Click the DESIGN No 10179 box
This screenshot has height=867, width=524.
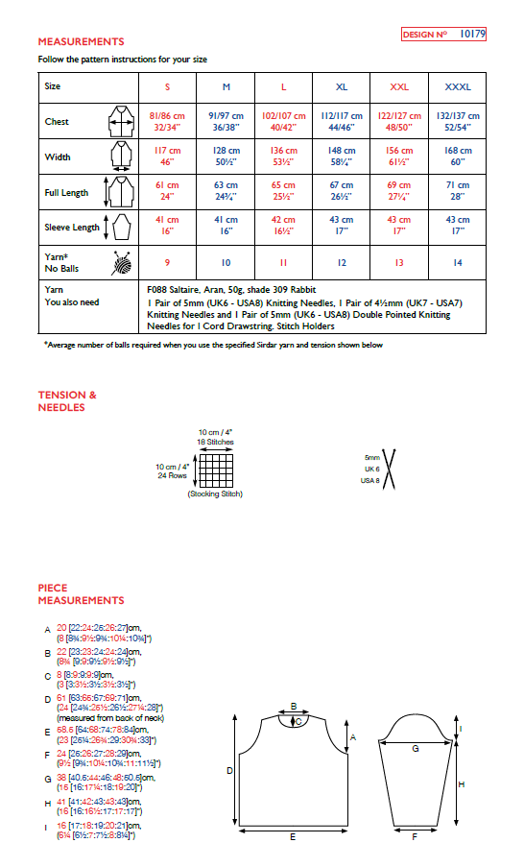click(444, 34)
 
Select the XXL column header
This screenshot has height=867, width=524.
click(399, 86)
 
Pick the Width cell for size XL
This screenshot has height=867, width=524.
click(342, 157)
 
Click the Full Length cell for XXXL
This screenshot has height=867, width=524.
click(458, 191)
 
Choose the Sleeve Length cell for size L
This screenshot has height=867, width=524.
click(283, 226)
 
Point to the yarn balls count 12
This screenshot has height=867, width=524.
click(342, 262)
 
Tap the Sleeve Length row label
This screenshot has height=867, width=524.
click(72, 228)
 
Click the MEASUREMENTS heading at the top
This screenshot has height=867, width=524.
click(81, 42)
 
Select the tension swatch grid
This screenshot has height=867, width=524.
click(216, 468)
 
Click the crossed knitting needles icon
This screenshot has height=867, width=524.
click(392, 469)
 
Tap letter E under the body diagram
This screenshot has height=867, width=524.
click(292, 837)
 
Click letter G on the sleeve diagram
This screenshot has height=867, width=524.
click(415, 747)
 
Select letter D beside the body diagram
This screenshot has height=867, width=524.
click(229, 770)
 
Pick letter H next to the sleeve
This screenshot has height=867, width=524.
click(461, 784)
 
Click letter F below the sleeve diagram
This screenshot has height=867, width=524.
click(414, 837)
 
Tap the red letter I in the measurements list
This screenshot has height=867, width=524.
click(48, 826)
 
